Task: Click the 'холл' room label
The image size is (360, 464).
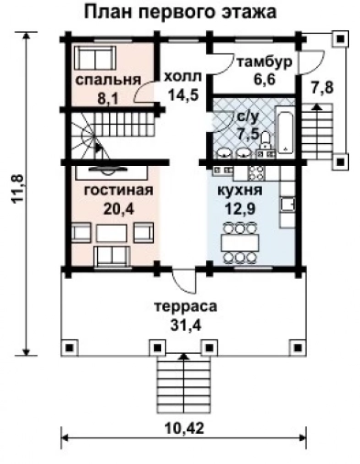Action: click(x=180, y=79)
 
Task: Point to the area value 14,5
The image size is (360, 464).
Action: click(x=181, y=94)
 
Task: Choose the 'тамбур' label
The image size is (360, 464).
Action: click(x=264, y=62)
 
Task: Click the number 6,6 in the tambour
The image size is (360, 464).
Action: click(x=264, y=79)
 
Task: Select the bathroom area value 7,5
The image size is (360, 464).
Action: click(x=247, y=133)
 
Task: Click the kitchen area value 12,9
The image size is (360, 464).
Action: click(x=242, y=207)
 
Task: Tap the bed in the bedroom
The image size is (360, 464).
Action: click(x=94, y=59)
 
